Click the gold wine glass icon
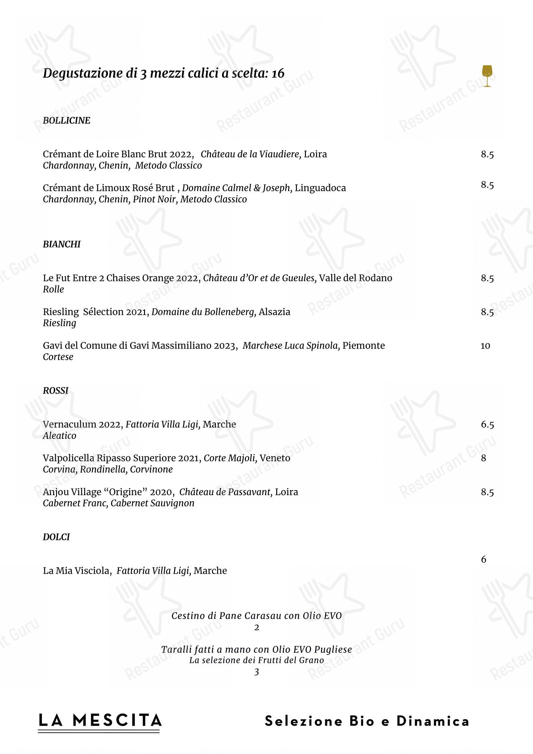487,76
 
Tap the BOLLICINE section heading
66,121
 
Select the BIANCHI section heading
62,244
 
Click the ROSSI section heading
55,390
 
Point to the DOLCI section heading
56,537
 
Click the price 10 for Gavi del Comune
485,346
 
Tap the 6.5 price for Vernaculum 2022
487,424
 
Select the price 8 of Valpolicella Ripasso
483,458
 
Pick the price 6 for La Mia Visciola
483,559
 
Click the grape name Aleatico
59,436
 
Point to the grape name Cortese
58,357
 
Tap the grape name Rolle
53,289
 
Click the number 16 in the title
278,73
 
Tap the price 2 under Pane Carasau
257,628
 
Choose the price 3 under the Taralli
257,672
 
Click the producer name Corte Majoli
229,458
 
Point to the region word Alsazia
274,312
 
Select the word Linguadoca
320,188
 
